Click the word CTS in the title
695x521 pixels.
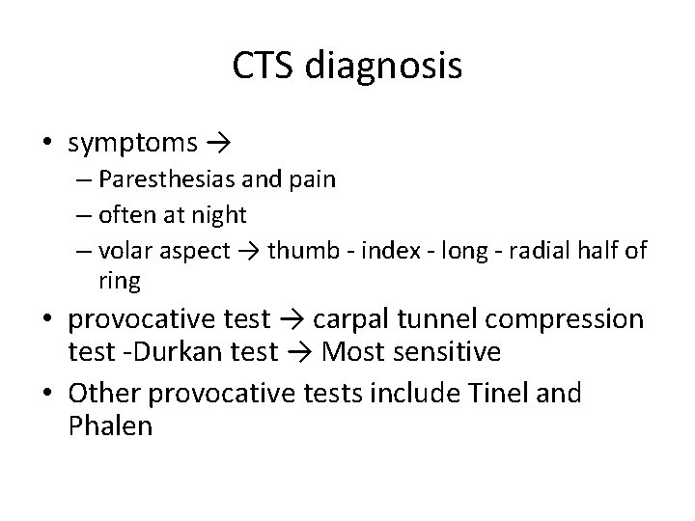264,66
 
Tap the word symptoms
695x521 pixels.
133,145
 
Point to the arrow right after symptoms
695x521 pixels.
217,145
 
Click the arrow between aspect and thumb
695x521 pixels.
248,251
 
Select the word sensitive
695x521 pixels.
445,352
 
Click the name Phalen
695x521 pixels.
111,425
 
